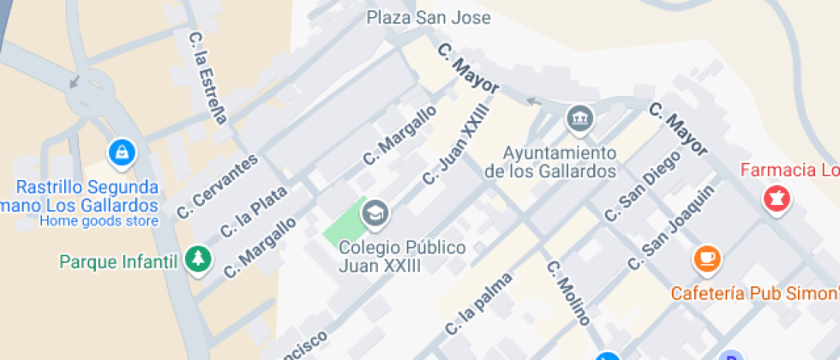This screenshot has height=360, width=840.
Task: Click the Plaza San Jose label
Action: pos(429,17)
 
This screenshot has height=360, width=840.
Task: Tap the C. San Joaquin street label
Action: pos(671,228)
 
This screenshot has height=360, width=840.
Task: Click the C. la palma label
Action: pos(478,304)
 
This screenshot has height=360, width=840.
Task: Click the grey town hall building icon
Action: pos(580,118)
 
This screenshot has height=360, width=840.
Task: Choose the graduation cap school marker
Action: pos(375,213)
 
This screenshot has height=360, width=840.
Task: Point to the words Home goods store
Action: pos(99,221)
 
